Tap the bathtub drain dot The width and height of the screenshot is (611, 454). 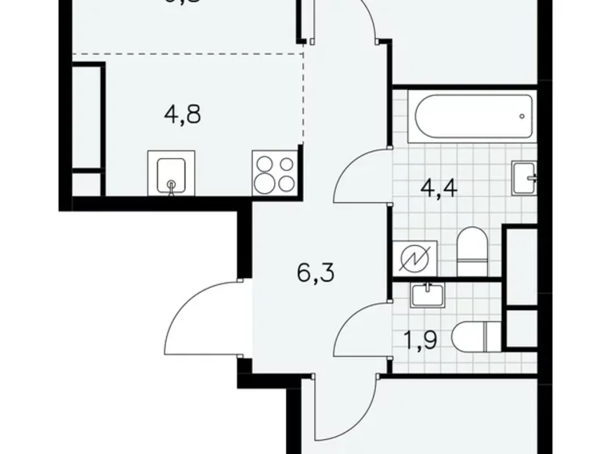point(521,117)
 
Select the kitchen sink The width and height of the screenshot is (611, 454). point(169,173)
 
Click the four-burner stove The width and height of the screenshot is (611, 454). point(275,173)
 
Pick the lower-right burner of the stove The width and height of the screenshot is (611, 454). point(286,183)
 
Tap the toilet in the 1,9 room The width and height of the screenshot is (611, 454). point(474,338)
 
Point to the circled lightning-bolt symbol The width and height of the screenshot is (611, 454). point(414,258)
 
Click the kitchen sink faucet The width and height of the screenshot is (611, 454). point(172,186)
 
